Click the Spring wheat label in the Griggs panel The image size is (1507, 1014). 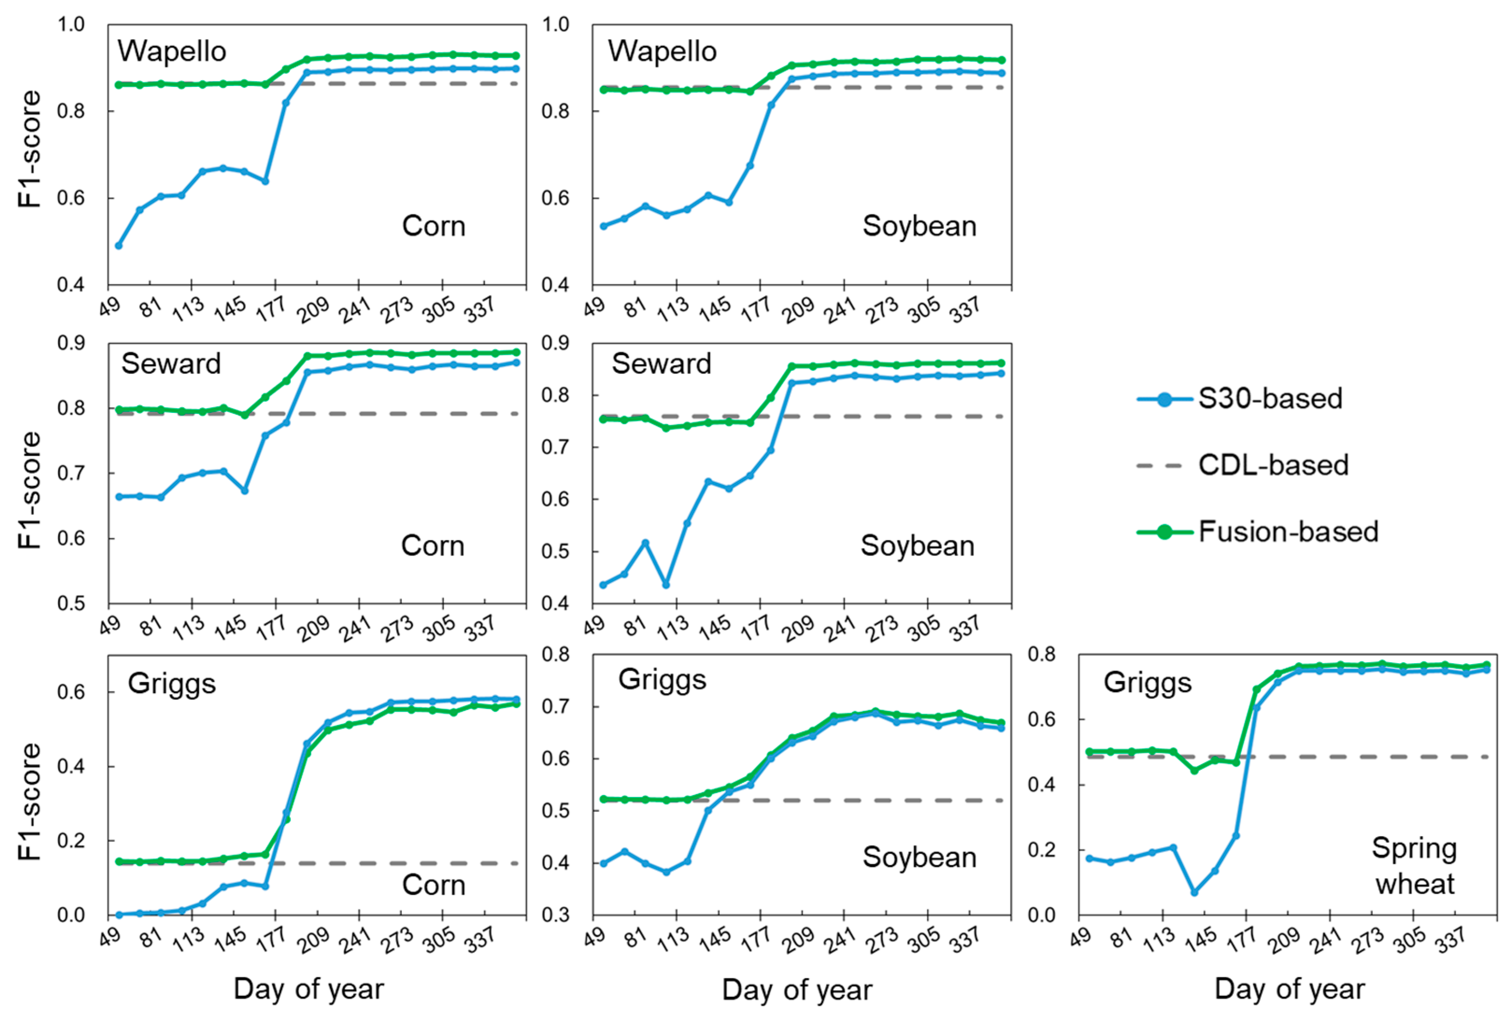pyautogui.click(x=1414, y=866)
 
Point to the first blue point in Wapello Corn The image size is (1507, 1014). pyautogui.click(x=118, y=246)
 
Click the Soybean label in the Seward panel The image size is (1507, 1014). pyautogui.click(x=917, y=546)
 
